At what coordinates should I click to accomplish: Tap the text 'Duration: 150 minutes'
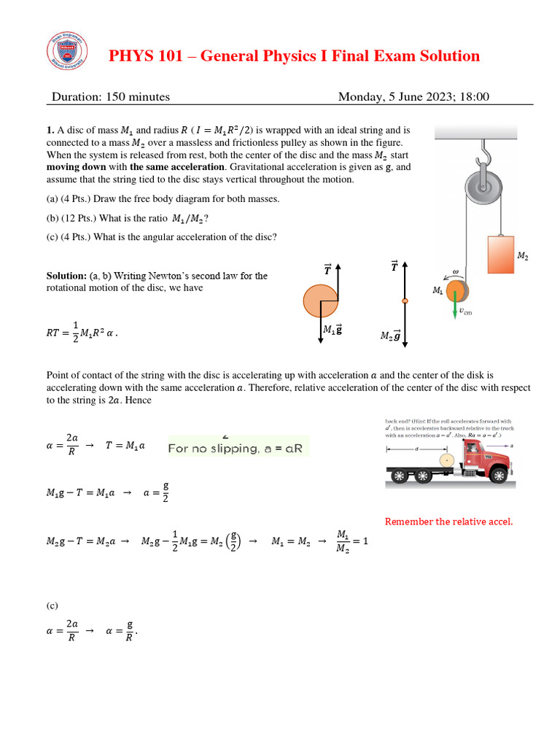pos(111,96)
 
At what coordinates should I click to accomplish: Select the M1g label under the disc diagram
pos(332,330)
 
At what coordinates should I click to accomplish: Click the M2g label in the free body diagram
pos(391,336)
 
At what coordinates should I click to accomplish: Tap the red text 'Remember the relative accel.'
pos(448,521)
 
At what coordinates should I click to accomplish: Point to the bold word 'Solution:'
pos(67,276)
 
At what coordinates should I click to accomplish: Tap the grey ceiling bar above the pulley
pos(475,132)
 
